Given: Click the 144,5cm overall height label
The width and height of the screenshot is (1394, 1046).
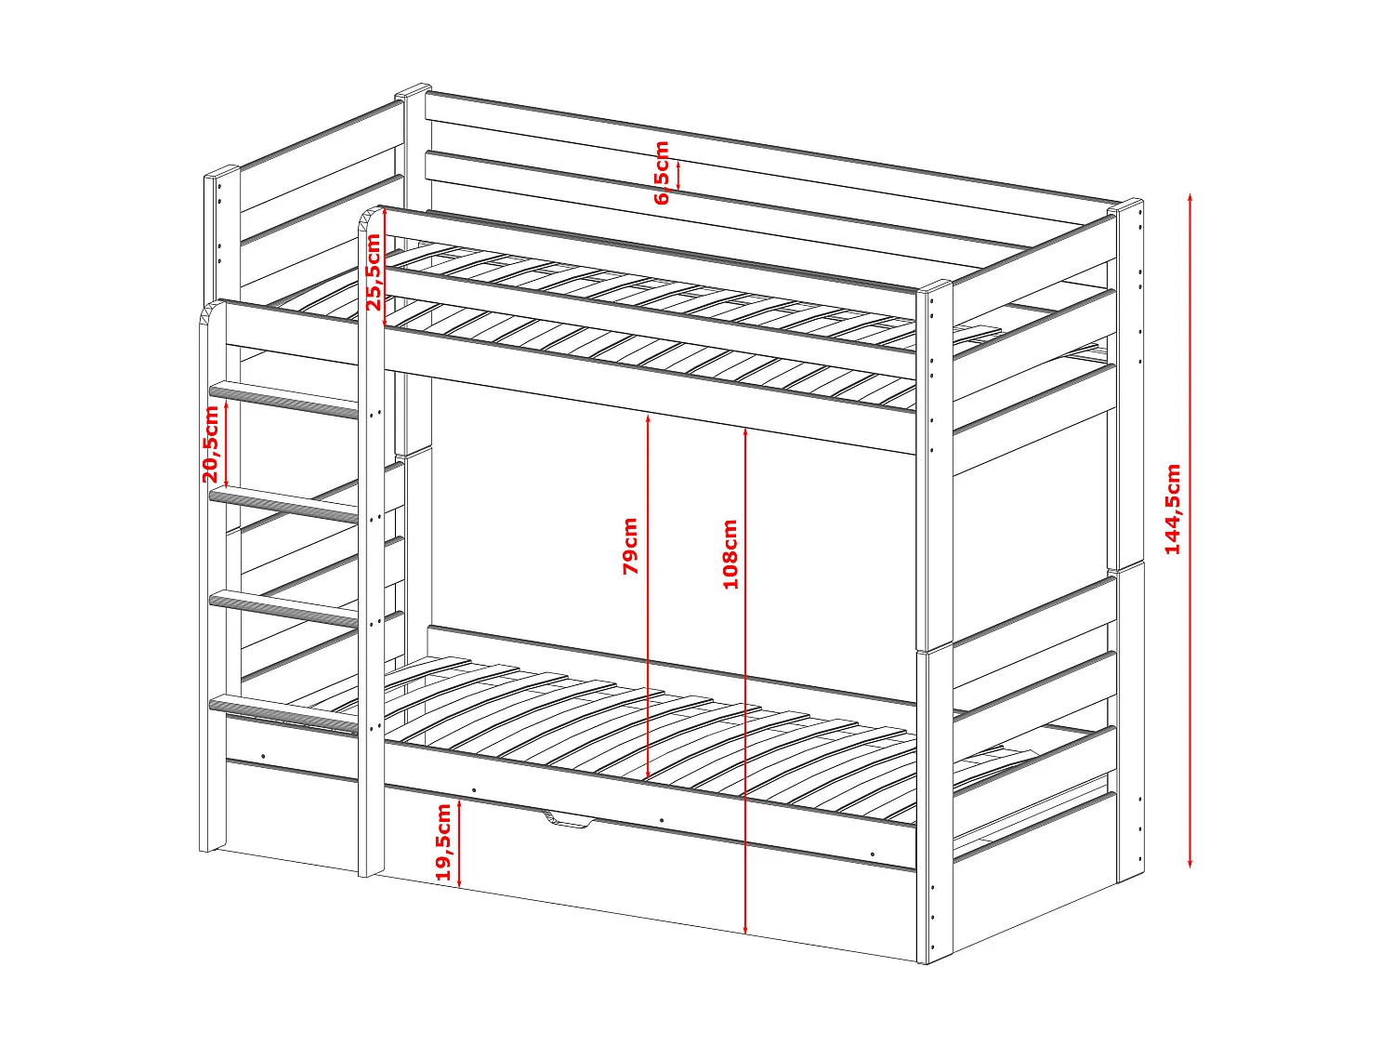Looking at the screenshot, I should pos(1173,510).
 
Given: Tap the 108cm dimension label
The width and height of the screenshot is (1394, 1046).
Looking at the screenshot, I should pos(730,554).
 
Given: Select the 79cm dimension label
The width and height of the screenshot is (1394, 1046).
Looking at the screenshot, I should pos(630,547).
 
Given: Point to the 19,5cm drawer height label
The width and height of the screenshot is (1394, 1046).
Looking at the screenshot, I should pos(443,841).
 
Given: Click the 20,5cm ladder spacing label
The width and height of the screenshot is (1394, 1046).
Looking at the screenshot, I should pos(211,444).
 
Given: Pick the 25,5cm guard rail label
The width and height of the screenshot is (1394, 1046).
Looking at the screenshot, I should pos(373,271).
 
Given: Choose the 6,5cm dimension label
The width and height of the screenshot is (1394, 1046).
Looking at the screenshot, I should pos(662,173).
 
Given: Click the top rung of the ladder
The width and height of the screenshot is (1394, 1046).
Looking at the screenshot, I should pos(283,399).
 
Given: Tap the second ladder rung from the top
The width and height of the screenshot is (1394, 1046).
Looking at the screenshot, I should pos(283,505).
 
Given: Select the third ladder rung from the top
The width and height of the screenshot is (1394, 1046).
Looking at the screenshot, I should pos(283,609).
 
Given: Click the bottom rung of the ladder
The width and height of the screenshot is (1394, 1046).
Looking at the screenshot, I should pos(283,714).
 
